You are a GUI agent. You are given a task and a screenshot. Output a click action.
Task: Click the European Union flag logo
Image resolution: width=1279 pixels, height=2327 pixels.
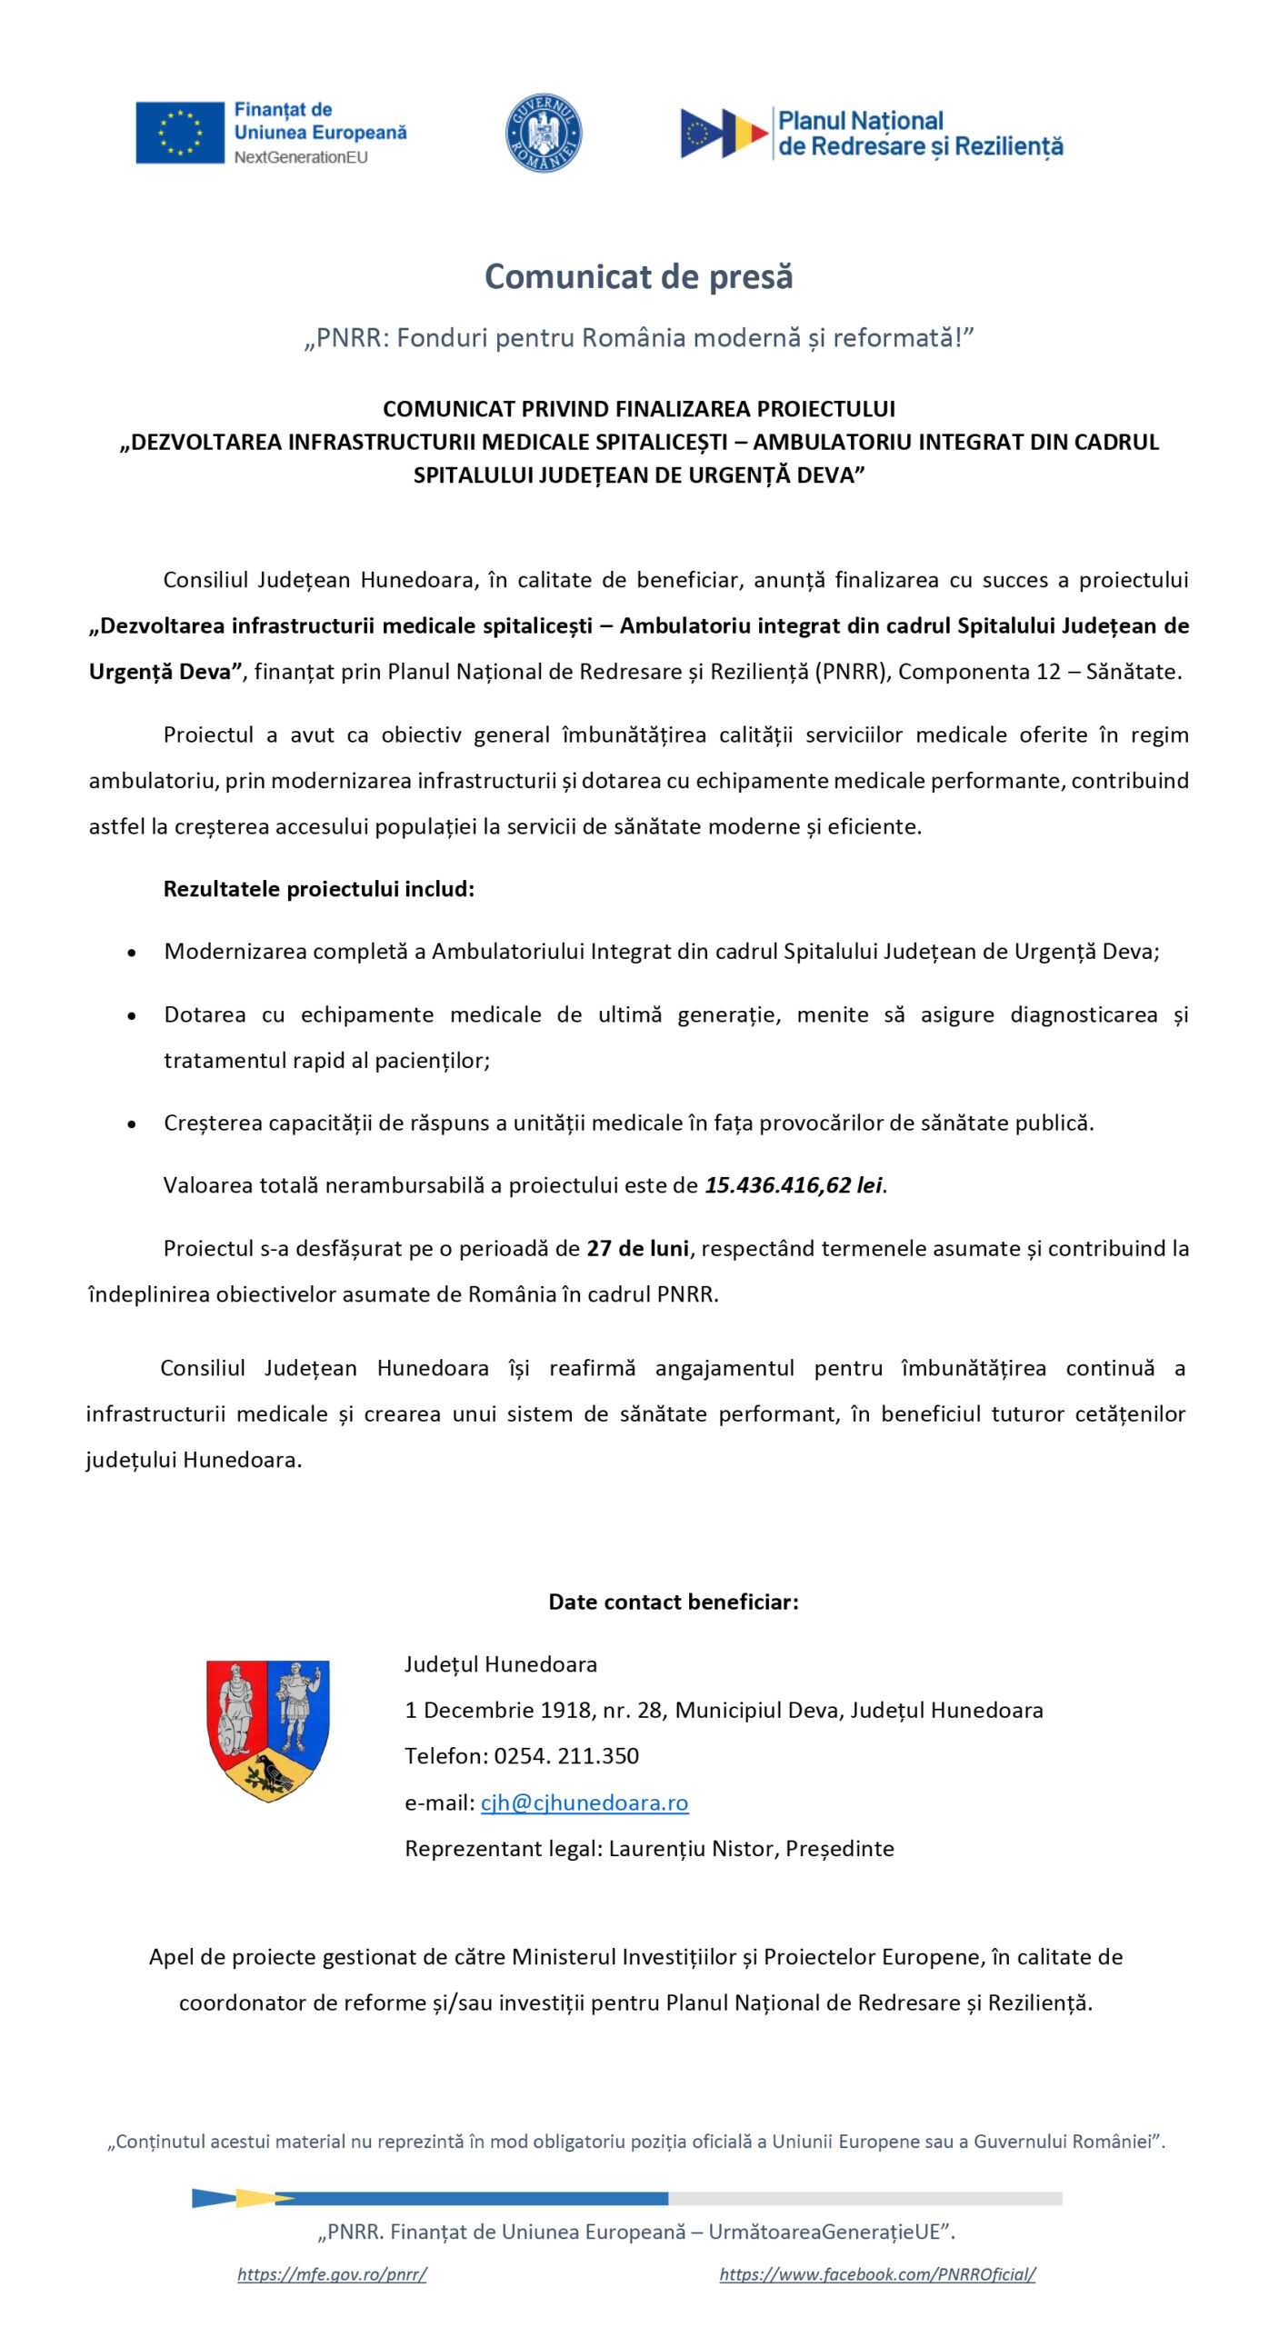coord(180,133)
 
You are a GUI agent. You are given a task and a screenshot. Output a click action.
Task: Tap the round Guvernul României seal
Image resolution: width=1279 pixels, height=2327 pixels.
coord(543,133)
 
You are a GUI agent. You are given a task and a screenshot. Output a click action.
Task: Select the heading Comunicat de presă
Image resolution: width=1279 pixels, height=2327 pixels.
coord(638,276)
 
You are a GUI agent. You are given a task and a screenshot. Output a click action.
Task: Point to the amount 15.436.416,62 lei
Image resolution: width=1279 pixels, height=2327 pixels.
coord(794,1185)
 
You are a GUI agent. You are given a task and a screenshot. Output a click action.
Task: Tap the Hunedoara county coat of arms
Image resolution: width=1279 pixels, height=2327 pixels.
coord(267,1730)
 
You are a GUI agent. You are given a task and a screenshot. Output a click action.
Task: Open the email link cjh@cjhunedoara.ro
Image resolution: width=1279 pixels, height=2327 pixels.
coord(584,1803)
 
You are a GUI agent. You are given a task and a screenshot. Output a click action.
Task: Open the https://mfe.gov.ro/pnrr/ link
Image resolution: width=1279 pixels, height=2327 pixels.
coord(332,2273)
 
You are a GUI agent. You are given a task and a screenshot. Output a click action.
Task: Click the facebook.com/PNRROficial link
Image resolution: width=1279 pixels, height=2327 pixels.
coord(877,2273)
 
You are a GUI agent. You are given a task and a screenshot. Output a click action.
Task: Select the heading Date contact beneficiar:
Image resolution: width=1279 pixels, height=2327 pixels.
coord(674,1602)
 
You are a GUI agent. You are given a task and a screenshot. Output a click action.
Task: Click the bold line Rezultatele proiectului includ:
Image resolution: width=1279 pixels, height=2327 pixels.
coord(319,889)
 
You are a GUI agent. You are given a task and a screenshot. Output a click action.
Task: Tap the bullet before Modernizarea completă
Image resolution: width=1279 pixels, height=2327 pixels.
coord(133,953)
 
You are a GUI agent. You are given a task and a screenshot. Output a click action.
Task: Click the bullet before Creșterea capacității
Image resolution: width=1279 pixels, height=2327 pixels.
coord(133,1124)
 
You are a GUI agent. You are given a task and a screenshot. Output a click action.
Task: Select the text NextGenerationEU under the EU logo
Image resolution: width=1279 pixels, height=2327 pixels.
coord(301,157)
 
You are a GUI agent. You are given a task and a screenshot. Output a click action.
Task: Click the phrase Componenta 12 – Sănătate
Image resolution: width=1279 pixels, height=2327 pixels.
coord(1038,672)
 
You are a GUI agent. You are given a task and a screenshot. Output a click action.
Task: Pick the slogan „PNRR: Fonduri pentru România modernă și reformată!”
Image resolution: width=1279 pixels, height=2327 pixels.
coord(638,338)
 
